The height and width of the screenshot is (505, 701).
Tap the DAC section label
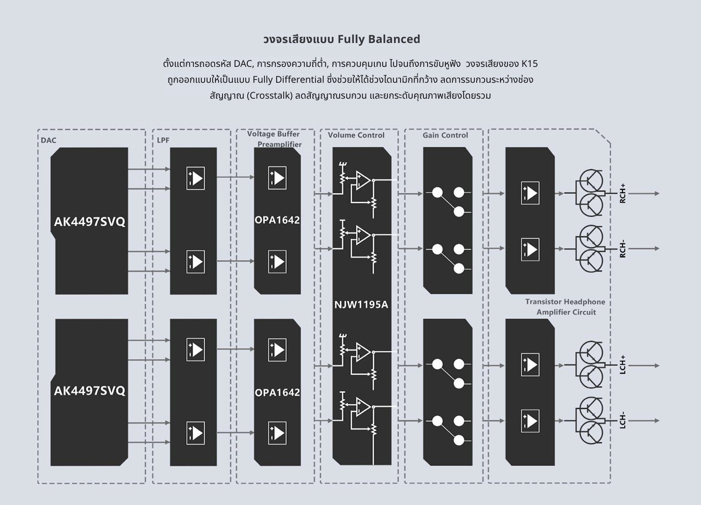(x=49, y=140)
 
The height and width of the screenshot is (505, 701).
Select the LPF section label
(x=163, y=140)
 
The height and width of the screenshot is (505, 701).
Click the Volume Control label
(x=356, y=135)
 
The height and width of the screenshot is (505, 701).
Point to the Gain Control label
(x=445, y=135)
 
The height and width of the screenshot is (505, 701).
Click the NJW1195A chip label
(x=361, y=305)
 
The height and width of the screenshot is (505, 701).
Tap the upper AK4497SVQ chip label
(x=90, y=222)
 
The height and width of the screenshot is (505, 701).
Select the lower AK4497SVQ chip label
(x=90, y=391)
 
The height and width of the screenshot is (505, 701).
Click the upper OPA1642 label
(x=277, y=220)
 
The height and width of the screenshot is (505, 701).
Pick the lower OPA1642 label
(x=277, y=393)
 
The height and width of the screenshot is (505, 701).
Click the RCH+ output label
(x=622, y=193)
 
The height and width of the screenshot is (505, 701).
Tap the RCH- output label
(x=622, y=249)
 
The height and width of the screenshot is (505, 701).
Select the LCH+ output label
(x=622, y=365)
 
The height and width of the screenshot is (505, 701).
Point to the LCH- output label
(x=622, y=421)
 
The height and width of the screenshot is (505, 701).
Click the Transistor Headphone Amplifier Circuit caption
(x=565, y=307)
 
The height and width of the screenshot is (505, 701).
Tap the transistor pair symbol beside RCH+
(x=590, y=193)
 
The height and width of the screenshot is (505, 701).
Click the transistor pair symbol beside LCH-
(x=590, y=420)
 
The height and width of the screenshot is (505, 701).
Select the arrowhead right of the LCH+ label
(x=657, y=365)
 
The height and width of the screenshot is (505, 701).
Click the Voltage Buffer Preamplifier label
(x=274, y=139)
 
